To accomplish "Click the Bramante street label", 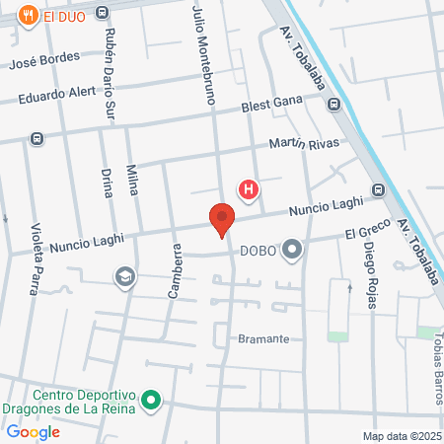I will (x=263, y=338).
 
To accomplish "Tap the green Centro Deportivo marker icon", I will (x=151, y=400).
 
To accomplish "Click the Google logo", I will (x=33, y=431).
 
